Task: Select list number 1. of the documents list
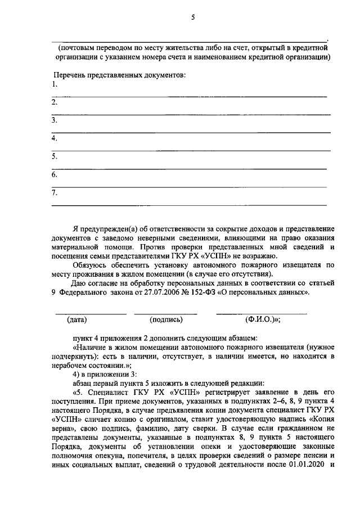click(55, 85)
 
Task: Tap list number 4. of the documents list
click(55, 138)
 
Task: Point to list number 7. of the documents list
click(55, 192)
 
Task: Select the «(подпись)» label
click(166, 320)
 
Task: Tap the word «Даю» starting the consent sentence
click(81, 283)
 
